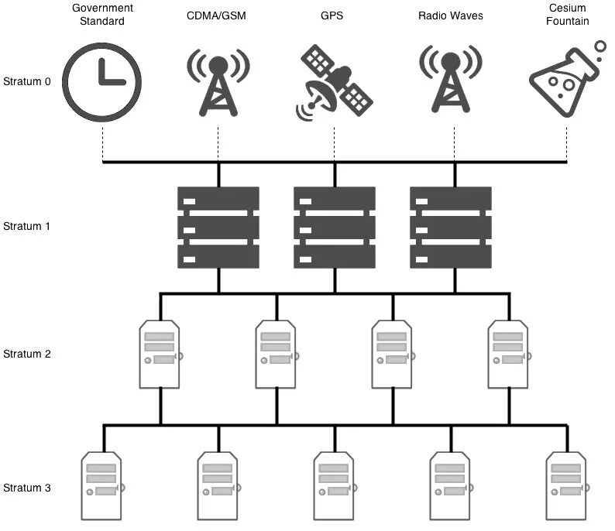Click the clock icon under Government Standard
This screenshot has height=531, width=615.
pos(102,81)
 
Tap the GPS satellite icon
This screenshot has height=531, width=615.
pos(334,81)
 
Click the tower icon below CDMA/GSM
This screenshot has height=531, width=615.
pos(218,81)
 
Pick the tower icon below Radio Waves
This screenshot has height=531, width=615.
pos(450,81)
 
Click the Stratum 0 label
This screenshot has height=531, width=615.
pos(27,81)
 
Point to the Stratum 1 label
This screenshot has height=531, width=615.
pos(27,227)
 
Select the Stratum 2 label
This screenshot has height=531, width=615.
pos(27,354)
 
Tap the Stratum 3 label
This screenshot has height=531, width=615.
pos(27,488)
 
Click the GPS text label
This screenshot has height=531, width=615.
pos(334,15)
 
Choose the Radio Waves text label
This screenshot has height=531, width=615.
pos(450,15)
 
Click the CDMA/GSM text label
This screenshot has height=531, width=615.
pos(218,15)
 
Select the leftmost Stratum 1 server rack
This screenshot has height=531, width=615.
pos(218,227)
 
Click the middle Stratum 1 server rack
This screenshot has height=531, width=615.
pos(334,227)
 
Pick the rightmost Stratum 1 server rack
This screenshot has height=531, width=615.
pos(450,227)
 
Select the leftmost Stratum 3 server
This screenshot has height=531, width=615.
pos(102,485)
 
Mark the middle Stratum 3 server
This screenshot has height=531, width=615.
pos(335,485)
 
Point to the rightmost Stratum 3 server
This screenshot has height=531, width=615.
pos(567,485)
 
